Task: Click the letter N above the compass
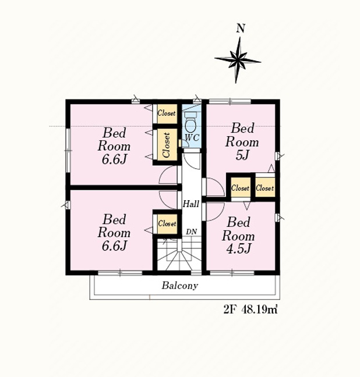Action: click(241, 29)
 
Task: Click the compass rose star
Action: click(238, 60)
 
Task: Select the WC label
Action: click(192, 138)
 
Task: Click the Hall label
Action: click(191, 204)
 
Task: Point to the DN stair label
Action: click(192, 232)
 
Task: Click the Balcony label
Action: click(180, 286)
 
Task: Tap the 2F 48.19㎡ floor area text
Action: click(250, 310)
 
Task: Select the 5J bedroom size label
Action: click(242, 155)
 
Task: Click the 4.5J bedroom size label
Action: click(239, 248)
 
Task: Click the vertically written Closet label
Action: click(166, 145)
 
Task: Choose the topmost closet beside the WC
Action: click(167, 113)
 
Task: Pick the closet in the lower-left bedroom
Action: click(167, 224)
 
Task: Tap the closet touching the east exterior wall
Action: click(265, 187)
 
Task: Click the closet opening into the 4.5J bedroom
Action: click(241, 187)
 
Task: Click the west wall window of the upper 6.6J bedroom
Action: click(68, 151)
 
